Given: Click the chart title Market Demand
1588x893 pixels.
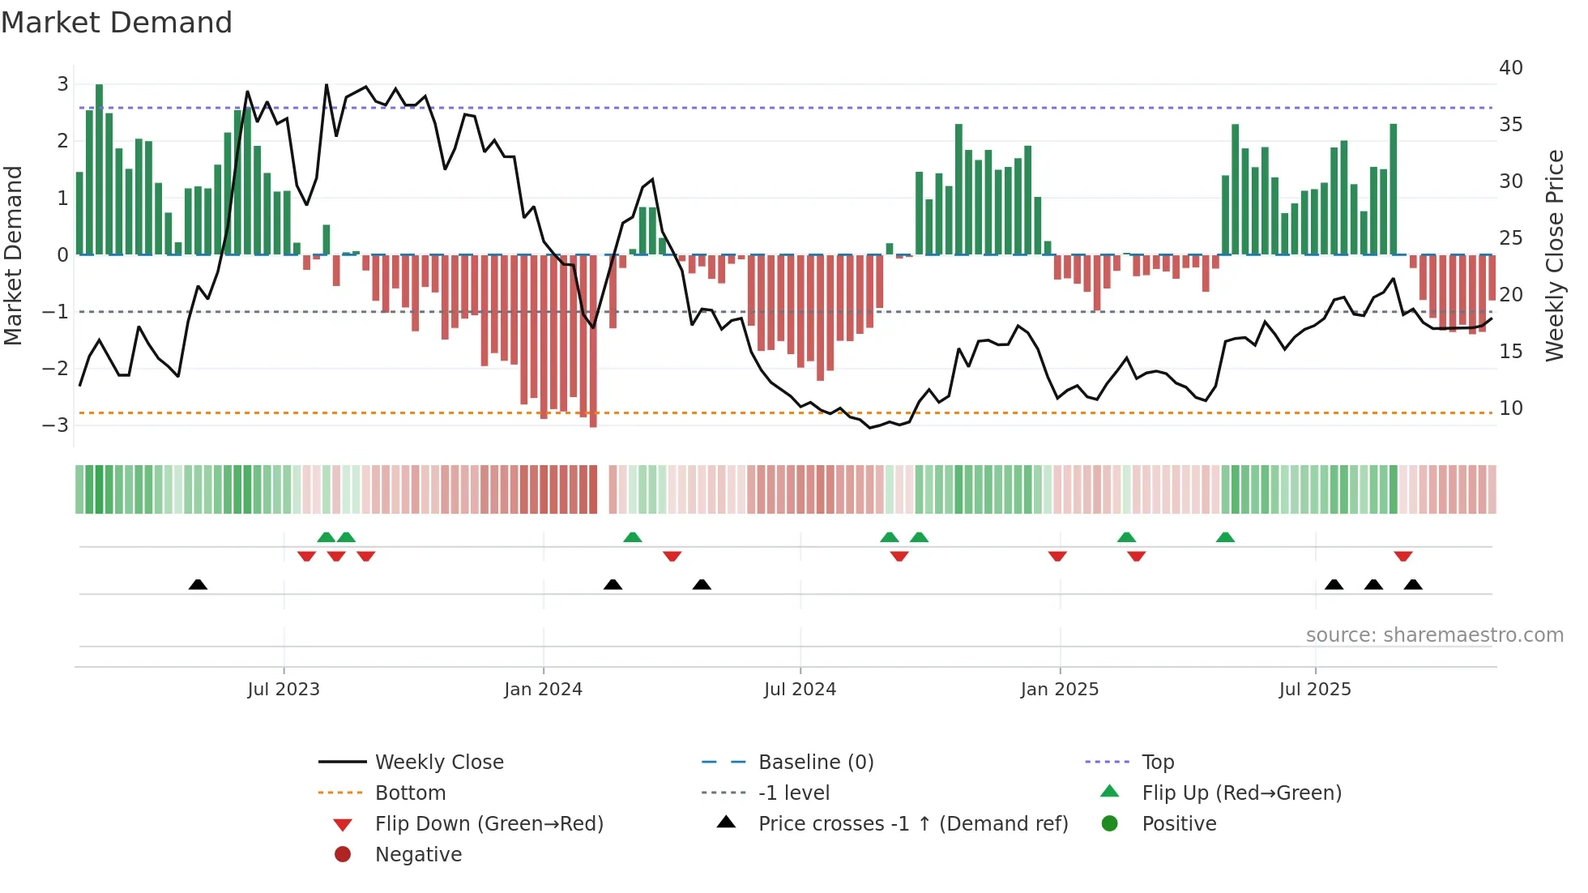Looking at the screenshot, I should click(117, 23).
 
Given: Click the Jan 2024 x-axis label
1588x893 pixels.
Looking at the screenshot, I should click(543, 690).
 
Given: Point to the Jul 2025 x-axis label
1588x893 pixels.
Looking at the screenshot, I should click(1315, 690).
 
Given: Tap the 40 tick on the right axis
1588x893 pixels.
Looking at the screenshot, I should click(1510, 68).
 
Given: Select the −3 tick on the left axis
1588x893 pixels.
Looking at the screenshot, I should click(56, 425).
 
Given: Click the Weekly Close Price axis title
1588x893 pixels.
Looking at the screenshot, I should click(1554, 255).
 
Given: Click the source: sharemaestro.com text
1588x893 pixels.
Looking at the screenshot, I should click(1434, 635).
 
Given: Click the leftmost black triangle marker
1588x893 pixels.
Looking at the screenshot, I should click(198, 584).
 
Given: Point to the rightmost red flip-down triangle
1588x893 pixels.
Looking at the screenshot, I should click(1403, 556).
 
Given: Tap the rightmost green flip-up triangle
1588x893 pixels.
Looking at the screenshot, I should click(1225, 537).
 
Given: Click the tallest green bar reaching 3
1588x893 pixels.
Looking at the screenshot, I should click(99, 170).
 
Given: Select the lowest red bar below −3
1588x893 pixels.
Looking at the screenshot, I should click(593, 340).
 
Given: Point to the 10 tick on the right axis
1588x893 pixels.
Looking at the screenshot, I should click(1510, 408).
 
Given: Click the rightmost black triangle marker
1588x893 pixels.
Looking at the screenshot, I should click(1413, 584).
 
